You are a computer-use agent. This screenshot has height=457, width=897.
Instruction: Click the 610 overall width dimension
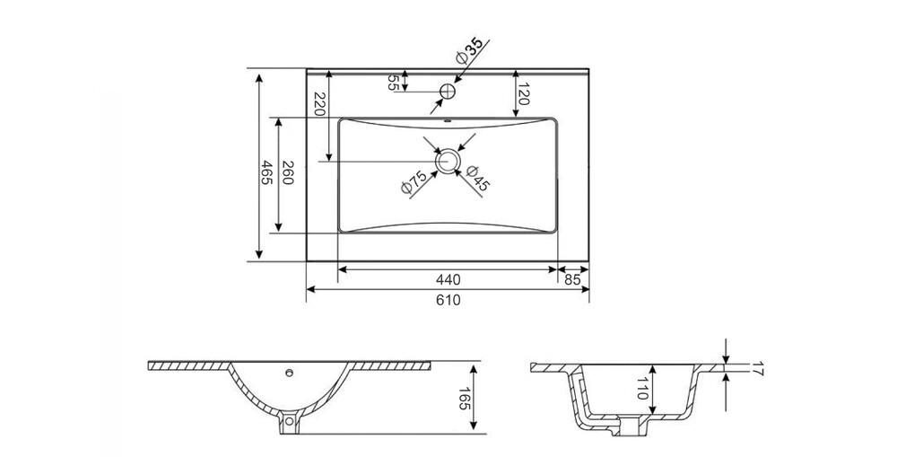(448, 300)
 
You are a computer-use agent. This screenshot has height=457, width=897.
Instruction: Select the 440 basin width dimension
(448, 279)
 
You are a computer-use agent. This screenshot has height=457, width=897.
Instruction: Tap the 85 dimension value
(572, 279)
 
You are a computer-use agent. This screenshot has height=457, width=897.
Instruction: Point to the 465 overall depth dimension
(266, 171)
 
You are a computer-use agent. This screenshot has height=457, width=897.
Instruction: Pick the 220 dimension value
(319, 103)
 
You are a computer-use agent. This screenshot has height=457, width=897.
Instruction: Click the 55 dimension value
(393, 83)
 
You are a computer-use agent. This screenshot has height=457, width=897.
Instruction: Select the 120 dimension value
(523, 93)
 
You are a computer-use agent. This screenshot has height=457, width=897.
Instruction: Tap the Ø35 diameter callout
(469, 51)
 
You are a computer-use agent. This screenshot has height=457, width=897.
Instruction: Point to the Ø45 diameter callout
(478, 178)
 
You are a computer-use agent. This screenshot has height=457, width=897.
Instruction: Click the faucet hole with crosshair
(448, 91)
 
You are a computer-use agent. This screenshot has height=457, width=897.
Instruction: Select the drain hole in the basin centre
(448, 161)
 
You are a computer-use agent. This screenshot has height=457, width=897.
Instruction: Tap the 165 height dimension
(464, 398)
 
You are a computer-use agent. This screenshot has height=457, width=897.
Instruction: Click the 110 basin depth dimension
(641, 388)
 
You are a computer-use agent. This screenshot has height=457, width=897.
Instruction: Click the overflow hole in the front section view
(290, 374)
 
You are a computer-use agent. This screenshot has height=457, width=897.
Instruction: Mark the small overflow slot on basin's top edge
(448, 121)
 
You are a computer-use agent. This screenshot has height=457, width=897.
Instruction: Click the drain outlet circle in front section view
(289, 422)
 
